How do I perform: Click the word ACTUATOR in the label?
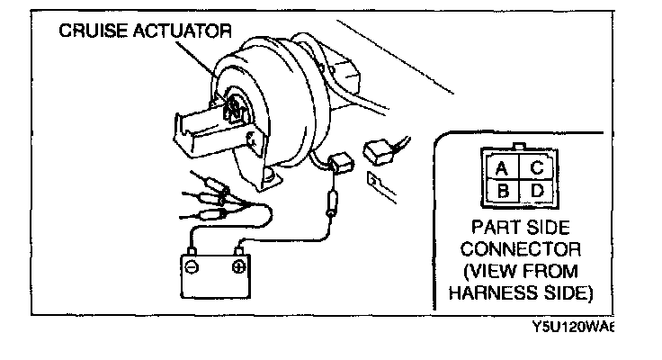click(x=177, y=31)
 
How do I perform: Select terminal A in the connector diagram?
click(x=502, y=167)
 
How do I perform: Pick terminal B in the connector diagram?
click(x=502, y=191)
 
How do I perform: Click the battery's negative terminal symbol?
click(x=192, y=268)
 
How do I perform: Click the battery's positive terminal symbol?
click(x=238, y=267)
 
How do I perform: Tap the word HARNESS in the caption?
click(x=487, y=292)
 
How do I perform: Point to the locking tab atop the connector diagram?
click(x=518, y=145)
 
